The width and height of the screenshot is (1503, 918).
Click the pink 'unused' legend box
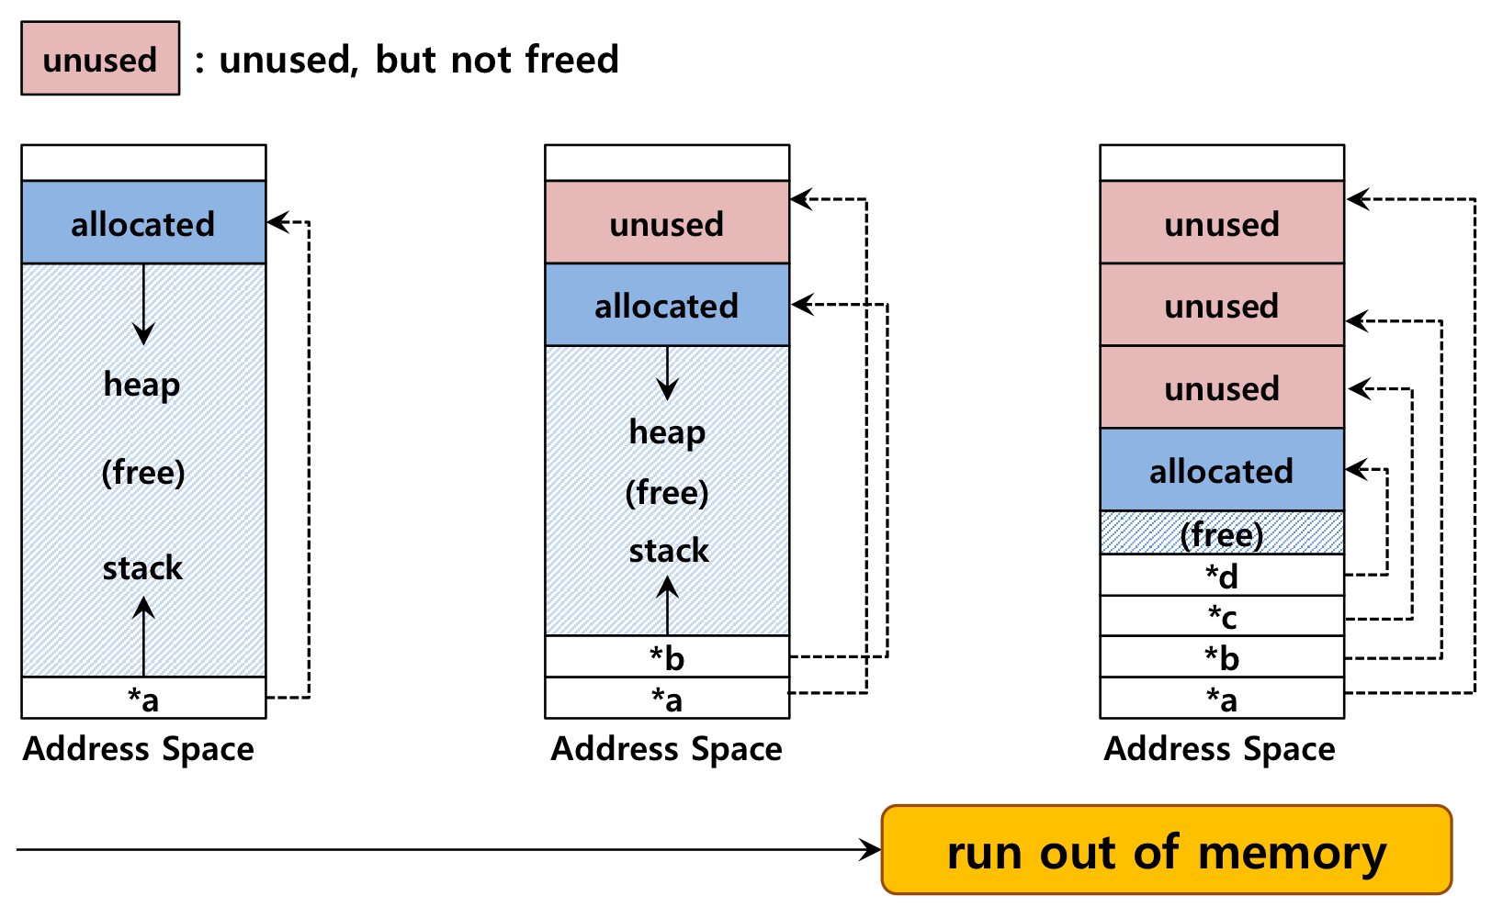[x=100, y=59]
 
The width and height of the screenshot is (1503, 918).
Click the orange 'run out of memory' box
[x=1166, y=849]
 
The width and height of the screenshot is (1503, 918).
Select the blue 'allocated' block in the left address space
[x=143, y=222]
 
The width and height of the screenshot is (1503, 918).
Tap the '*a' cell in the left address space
[x=143, y=698]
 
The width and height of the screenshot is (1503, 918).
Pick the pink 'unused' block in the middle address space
[x=667, y=222]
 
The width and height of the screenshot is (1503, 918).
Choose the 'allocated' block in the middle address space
[x=667, y=305]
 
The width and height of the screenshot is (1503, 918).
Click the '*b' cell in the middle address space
[x=667, y=656]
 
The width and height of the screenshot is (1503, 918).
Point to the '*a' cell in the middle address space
[x=667, y=698]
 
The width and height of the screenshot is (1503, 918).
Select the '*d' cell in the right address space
[x=1222, y=576]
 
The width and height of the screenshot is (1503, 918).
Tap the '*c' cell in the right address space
[x=1222, y=616]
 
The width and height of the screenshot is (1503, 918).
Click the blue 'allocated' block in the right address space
[x=1222, y=469]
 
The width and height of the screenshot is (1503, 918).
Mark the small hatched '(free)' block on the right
[x=1222, y=533]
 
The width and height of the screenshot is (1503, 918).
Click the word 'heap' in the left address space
[x=141, y=385]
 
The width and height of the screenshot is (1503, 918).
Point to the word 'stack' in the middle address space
[x=668, y=551]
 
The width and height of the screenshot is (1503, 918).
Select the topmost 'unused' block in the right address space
[x=1222, y=222]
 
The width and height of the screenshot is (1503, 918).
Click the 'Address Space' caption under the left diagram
[x=138, y=748]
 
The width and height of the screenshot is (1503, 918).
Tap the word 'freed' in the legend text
[x=571, y=59]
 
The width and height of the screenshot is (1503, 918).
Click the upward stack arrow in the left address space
[x=143, y=636]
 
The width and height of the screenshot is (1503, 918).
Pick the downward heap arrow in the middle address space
[x=667, y=374]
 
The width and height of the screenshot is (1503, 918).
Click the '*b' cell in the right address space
[x=1222, y=656]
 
